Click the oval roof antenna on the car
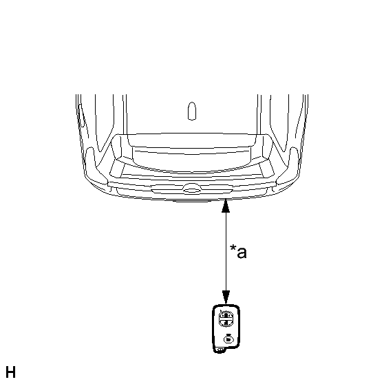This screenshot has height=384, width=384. [x=192, y=111]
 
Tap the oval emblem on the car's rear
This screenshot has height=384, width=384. [x=192, y=189]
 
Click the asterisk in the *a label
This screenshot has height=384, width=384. [x=233, y=248]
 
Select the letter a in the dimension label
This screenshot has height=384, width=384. [x=242, y=253]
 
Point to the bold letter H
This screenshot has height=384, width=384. [x=10, y=372]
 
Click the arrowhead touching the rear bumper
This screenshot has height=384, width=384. [x=226, y=206]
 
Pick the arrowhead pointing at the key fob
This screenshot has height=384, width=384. [x=226, y=297]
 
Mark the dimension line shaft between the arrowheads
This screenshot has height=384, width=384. [x=226, y=251]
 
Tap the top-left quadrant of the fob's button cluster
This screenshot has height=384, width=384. [x=222, y=315]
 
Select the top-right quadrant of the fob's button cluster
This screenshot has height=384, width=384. [x=228, y=315]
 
